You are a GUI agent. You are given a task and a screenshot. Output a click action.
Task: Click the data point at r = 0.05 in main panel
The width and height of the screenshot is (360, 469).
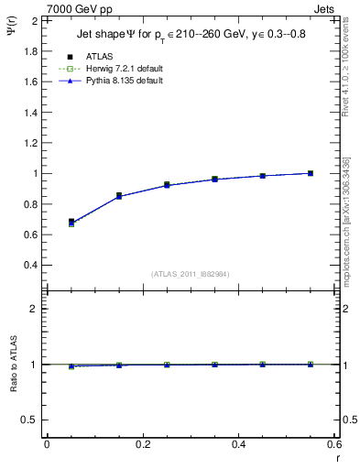pos(71,222)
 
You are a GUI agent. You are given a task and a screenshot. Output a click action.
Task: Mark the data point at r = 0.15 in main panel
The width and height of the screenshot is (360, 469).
pos(119,196)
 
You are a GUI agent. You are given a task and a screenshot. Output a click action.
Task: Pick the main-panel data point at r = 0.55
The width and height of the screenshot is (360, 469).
pos(311,173)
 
